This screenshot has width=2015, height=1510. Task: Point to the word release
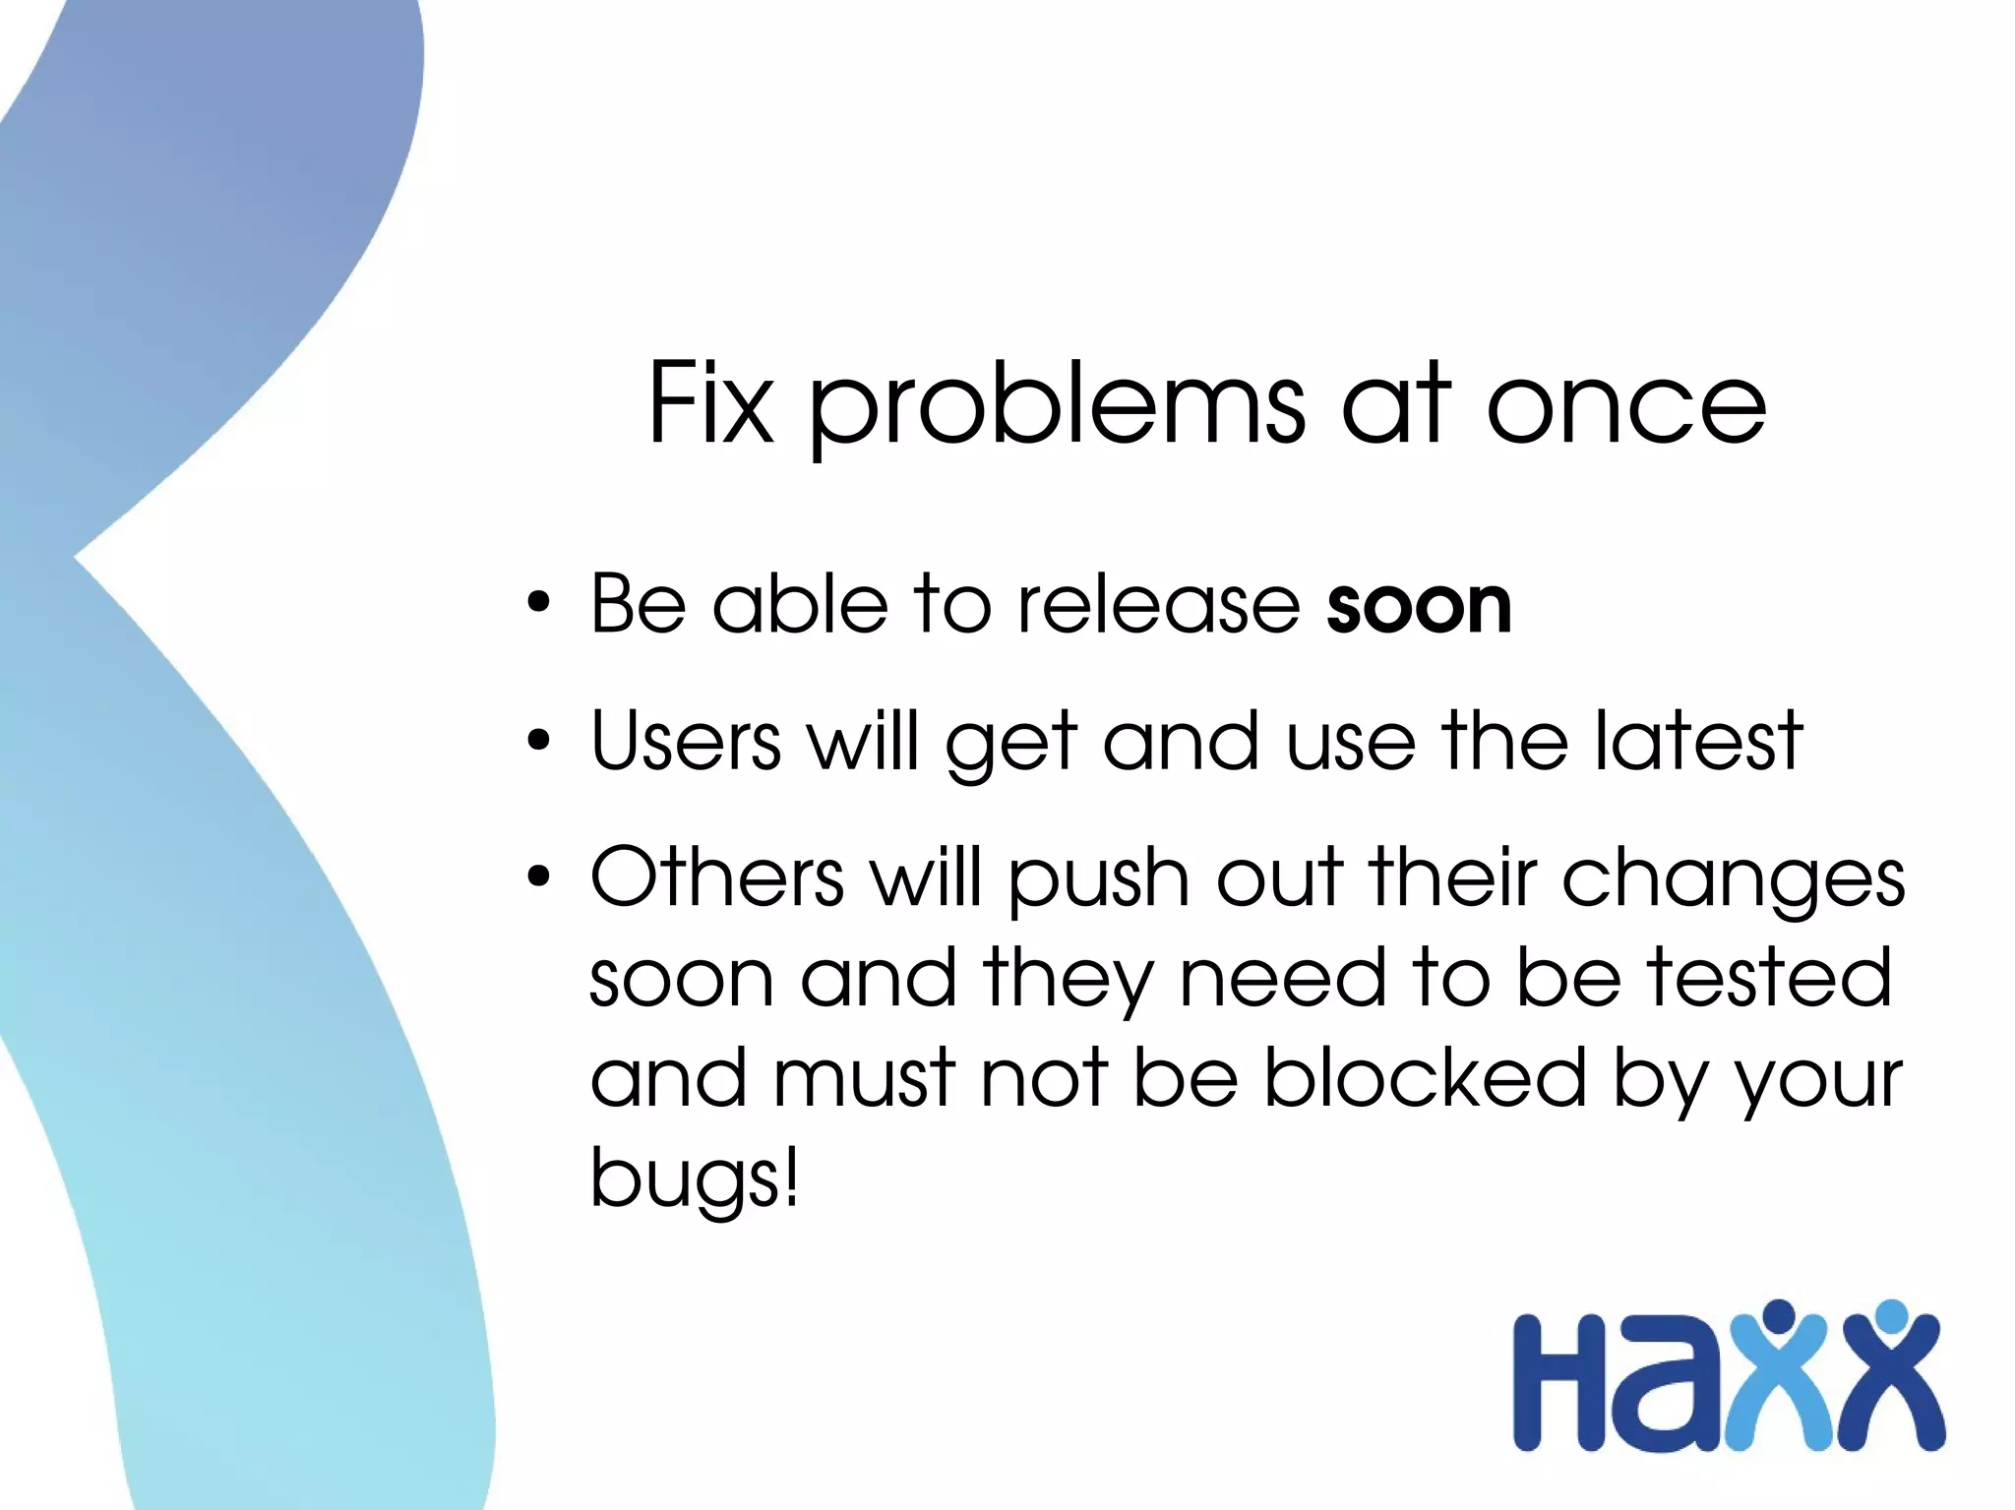pos(1158,604)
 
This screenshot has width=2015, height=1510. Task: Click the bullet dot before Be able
pos(538,603)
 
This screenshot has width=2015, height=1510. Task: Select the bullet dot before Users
pos(538,740)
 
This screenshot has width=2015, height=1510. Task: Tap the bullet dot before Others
pos(538,876)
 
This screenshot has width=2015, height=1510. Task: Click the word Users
pos(686,740)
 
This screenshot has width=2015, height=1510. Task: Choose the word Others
pos(716,876)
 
